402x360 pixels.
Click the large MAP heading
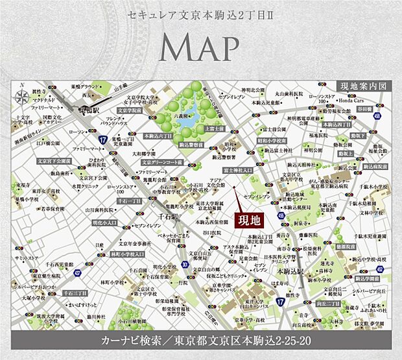coord(200,49)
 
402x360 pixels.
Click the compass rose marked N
coord(23,93)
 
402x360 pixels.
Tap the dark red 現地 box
coord(248,220)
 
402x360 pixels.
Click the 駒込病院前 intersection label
coord(370,167)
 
